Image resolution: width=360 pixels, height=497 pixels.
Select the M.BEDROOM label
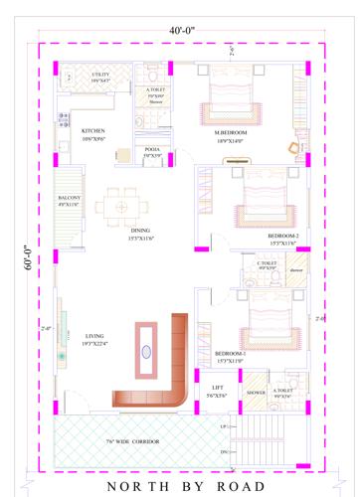[231, 132]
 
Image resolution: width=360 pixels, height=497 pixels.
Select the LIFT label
[217, 389]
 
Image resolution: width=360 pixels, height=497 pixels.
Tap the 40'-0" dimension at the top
[181, 31]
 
